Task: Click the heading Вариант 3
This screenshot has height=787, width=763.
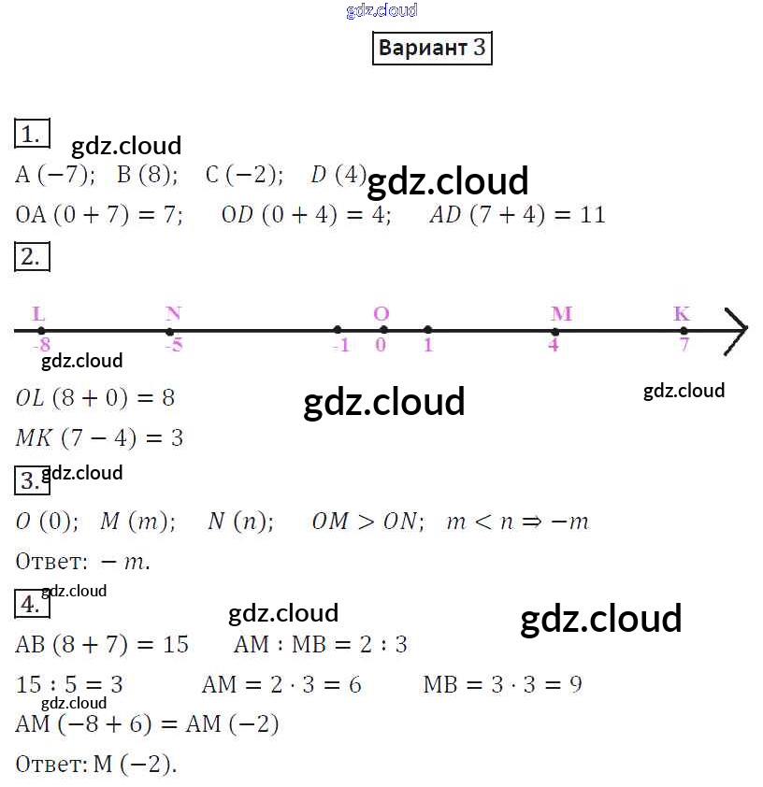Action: click(x=432, y=49)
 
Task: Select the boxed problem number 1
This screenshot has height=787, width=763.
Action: click(x=32, y=134)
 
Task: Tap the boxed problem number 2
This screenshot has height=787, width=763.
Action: click(x=32, y=257)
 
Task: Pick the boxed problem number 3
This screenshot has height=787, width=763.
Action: click(x=32, y=481)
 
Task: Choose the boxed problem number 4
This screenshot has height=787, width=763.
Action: click(x=32, y=605)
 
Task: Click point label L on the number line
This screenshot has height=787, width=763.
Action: click(x=38, y=314)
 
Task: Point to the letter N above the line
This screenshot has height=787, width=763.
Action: click(x=173, y=314)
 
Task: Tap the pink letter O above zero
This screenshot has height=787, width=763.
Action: click(x=381, y=314)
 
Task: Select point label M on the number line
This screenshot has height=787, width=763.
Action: click(x=561, y=314)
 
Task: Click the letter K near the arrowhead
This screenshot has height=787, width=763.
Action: click(x=682, y=314)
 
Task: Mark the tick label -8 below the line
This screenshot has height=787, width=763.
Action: click(x=40, y=345)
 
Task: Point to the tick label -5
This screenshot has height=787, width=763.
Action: click(x=173, y=345)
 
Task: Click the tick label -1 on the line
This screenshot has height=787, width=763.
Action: click(x=340, y=345)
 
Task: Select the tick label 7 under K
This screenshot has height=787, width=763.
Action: click(x=684, y=345)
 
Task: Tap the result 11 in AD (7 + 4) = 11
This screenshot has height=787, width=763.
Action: click(x=592, y=215)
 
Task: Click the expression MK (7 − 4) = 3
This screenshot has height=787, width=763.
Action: click(x=99, y=437)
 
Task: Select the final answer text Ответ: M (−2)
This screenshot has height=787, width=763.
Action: click(x=96, y=765)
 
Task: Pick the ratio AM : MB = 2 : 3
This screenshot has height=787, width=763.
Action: click(x=320, y=645)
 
